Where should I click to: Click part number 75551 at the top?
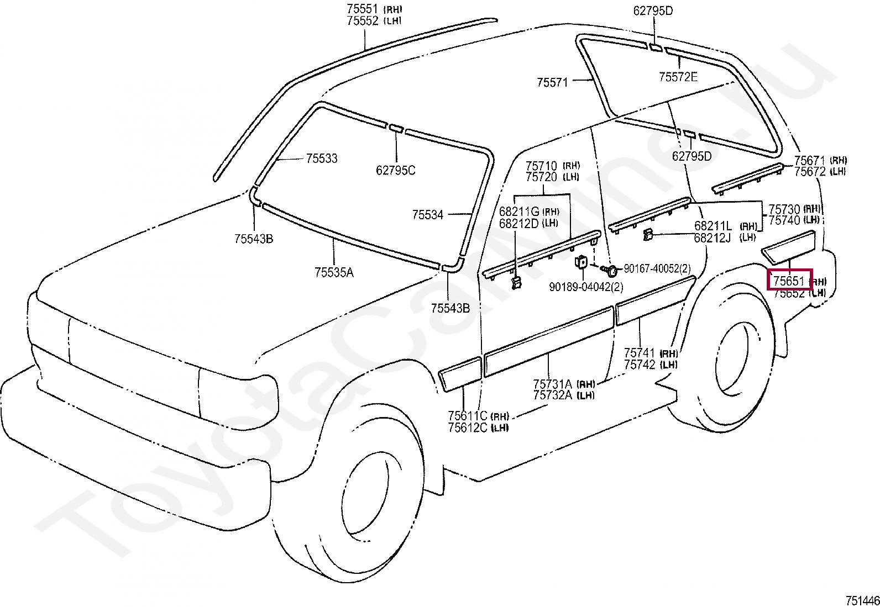(x=362, y=9)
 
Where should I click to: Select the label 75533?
(x=322, y=158)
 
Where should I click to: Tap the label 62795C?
(x=396, y=171)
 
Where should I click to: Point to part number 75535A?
(x=334, y=272)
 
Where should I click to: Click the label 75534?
(x=427, y=215)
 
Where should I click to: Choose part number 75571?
(x=552, y=82)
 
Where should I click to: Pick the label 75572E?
(x=678, y=77)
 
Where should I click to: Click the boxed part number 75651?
(x=789, y=281)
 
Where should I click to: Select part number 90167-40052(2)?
(x=657, y=268)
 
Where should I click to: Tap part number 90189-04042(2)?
(x=586, y=287)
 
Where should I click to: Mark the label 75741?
(x=640, y=352)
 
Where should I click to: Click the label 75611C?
(x=468, y=415)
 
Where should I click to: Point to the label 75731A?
(x=553, y=384)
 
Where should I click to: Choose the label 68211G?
(x=519, y=212)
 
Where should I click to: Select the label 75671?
(x=810, y=161)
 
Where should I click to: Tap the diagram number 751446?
(x=862, y=601)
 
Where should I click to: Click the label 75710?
(x=541, y=166)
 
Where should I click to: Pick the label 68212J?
(x=713, y=238)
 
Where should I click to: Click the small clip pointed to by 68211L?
(x=647, y=235)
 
